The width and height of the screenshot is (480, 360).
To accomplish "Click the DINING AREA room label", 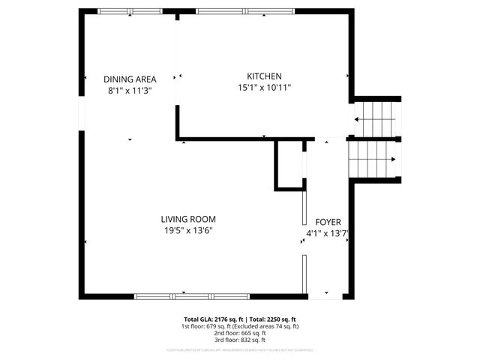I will click(x=129, y=79).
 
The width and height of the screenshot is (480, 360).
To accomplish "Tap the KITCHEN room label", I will click(x=264, y=76).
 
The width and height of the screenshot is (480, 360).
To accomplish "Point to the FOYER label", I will click(x=328, y=223).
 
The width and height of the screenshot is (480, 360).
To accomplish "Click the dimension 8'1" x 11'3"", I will click(x=129, y=90).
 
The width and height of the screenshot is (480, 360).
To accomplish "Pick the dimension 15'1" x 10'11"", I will click(x=264, y=88).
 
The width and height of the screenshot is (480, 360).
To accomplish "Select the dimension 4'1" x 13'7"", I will click(x=328, y=234).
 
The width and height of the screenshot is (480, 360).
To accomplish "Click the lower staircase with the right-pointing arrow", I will click(x=375, y=159).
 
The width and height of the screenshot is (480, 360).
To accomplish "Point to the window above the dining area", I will click(x=128, y=11).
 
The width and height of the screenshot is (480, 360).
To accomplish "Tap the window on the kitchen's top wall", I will click(x=246, y=11).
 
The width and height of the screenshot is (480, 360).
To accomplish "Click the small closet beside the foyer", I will click(x=289, y=163).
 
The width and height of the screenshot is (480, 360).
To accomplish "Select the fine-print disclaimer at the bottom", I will click(x=240, y=349).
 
